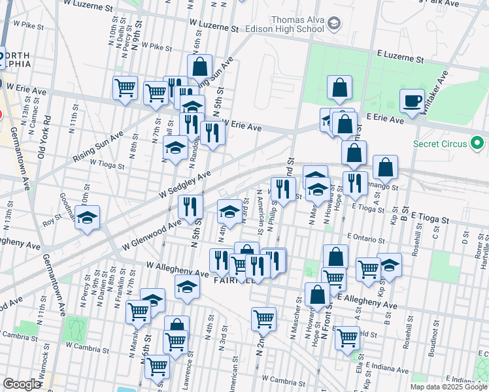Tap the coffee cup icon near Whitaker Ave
[412, 101]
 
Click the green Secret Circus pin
[477, 142]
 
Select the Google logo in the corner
[22, 384]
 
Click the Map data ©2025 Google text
[448, 387]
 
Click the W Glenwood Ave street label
[152, 236]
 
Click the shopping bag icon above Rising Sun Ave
[199, 67]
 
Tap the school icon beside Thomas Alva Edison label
[333, 24]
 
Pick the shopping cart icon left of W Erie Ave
[125, 88]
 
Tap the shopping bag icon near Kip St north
[386, 167]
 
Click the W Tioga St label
[107, 164]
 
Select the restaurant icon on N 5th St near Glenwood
[190, 206]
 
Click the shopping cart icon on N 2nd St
[263, 319]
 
